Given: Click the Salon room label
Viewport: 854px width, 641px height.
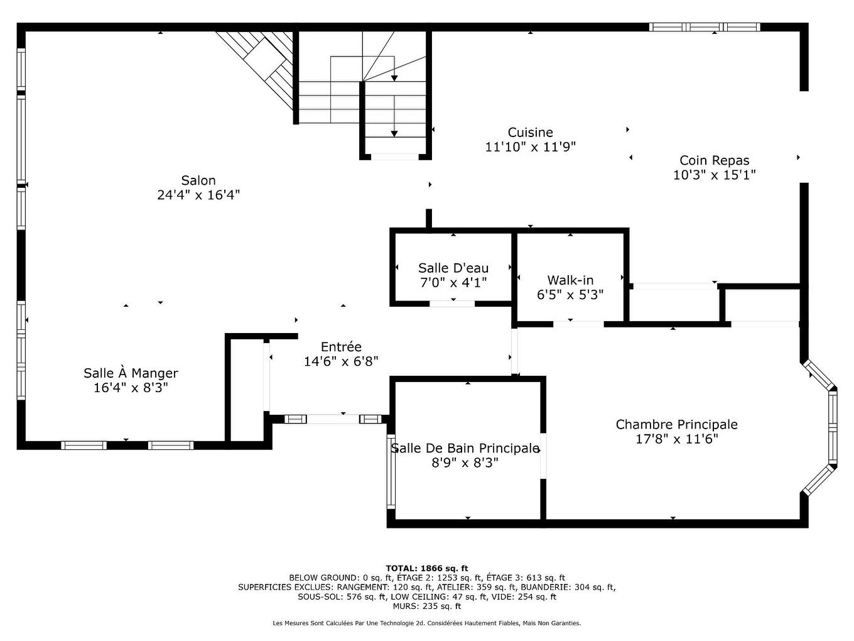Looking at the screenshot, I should pyautogui.click(x=198, y=180).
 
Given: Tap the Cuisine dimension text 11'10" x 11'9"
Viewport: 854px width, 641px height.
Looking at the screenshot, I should pyautogui.click(x=530, y=147).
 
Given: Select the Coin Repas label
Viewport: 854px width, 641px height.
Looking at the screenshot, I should pyautogui.click(x=714, y=160).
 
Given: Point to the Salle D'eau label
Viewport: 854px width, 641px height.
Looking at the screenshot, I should pyautogui.click(x=453, y=268).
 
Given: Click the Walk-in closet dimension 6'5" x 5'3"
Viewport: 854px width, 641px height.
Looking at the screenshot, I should pyautogui.click(x=570, y=295).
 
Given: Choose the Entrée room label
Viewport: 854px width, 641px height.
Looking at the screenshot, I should pyautogui.click(x=341, y=347).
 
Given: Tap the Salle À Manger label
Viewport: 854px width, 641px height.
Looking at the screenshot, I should pyautogui.click(x=131, y=373).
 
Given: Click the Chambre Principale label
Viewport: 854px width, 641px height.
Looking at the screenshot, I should pyautogui.click(x=676, y=424).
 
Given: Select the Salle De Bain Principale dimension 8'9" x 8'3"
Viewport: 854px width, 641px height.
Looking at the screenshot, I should pyautogui.click(x=465, y=463).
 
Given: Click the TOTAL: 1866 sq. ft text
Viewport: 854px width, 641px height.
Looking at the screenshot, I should pyautogui.click(x=426, y=568).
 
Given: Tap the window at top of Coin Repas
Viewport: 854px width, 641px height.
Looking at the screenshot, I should pyautogui.click(x=705, y=27).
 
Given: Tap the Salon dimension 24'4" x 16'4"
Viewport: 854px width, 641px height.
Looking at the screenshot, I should pyautogui.click(x=198, y=195).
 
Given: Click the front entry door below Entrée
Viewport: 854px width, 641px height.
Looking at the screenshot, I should pyautogui.click(x=332, y=419).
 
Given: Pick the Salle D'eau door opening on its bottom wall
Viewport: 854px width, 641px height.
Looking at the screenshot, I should pyautogui.click(x=452, y=304).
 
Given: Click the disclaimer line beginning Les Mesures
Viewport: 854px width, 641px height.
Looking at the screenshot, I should pyautogui.click(x=426, y=623).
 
